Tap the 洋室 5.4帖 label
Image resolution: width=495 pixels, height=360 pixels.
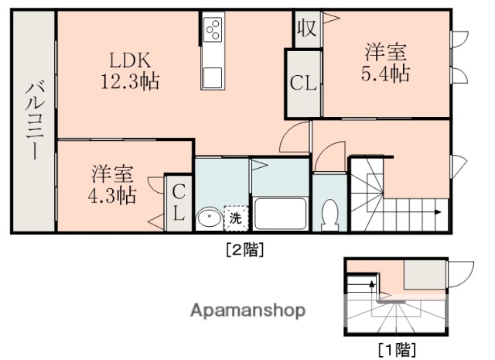coord(387,63)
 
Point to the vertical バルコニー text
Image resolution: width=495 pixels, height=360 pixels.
coord(33,120)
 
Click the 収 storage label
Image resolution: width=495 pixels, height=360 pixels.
coord(306,28)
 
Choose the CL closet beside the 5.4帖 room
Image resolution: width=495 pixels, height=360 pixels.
coord(302,83)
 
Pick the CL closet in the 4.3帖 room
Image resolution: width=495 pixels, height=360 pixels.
coord(179,204)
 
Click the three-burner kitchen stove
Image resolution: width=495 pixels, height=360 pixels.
coord(213,31)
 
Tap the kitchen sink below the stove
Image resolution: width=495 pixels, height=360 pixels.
coord(213,78)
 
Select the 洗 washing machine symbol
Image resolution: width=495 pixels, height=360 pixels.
coord(236,218)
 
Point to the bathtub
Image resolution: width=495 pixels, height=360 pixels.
coord(282,212)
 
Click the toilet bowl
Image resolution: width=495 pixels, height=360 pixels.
coord(330,214)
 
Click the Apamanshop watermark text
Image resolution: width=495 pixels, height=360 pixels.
coord(248,310)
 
